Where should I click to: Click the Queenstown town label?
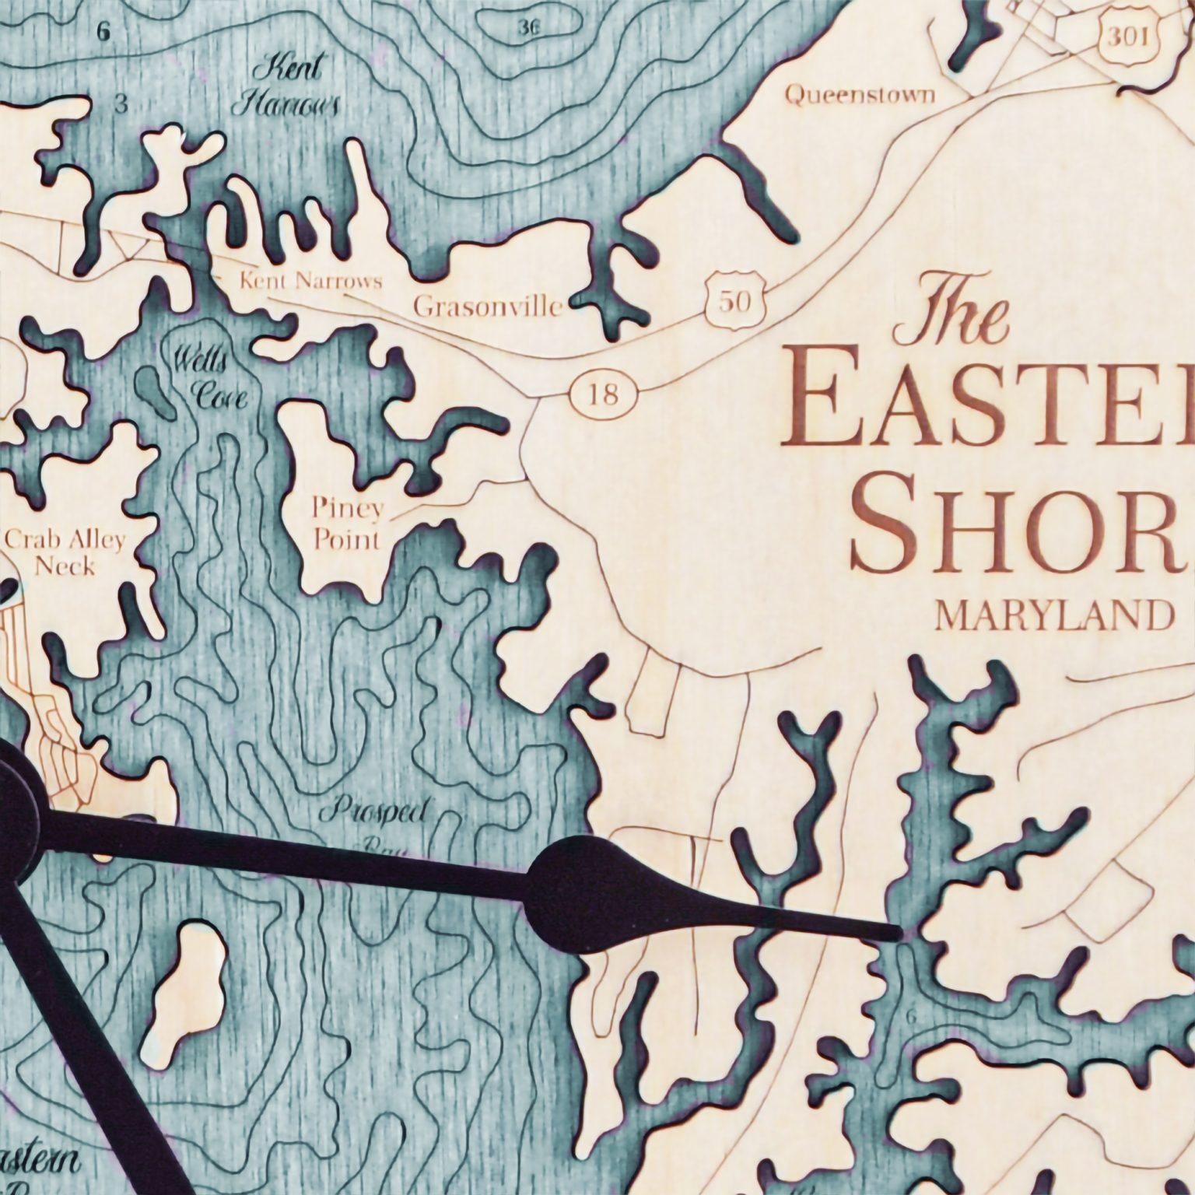[x=859, y=95]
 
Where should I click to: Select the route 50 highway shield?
[x=734, y=300]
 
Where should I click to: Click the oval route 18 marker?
[x=605, y=394]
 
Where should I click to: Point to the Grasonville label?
[x=488, y=307]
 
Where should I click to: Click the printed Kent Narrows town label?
[x=310, y=280]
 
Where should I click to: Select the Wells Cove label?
[x=209, y=379]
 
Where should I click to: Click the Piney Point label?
[x=347, y=524]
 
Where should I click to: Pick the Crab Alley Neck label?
[x=65, y=552]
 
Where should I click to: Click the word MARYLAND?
[x=1053, y=616]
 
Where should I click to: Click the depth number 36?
[x=528, y=28]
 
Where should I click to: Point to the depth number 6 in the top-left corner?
[x=104, y=32]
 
